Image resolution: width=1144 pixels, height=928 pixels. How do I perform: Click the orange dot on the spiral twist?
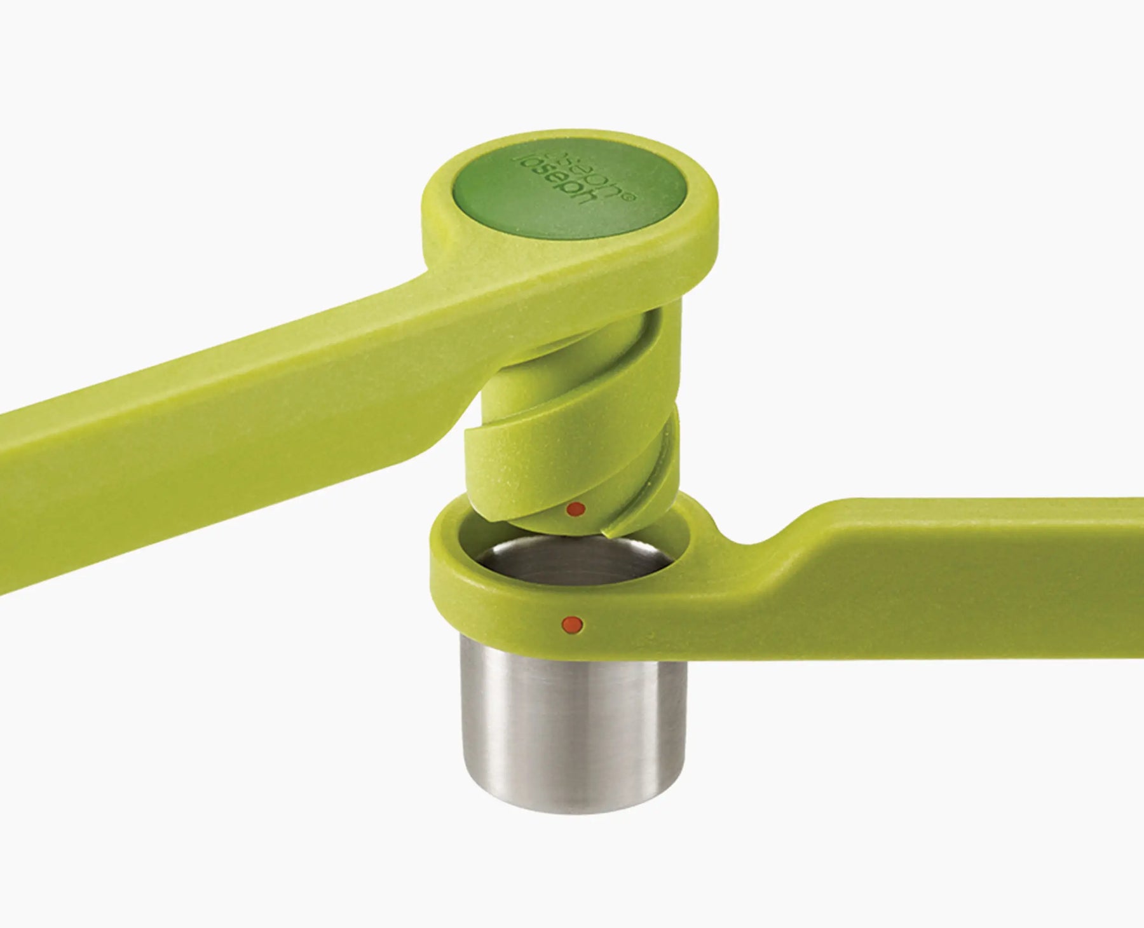[x=575, y=508]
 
